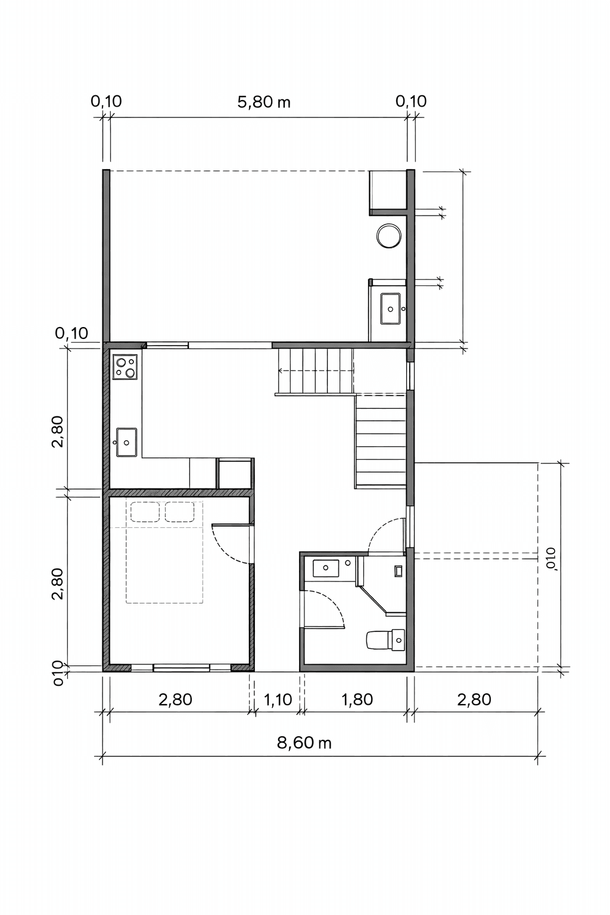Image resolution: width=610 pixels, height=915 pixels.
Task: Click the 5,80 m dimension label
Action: tap(263, 102)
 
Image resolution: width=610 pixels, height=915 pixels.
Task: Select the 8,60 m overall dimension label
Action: tap(304, 742)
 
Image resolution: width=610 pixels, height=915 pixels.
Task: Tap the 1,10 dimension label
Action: tap(278, 699)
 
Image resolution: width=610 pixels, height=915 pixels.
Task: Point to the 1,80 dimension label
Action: tap(357, 699)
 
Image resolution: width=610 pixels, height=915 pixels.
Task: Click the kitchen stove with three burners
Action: tap(126, 367)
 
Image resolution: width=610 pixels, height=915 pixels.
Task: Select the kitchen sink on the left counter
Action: tap(126, 442)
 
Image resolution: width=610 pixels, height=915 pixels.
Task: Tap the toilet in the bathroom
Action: tap(385, 640)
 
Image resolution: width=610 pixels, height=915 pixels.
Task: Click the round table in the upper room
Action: tap(388, 236)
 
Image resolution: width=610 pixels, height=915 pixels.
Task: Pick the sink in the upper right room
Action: tap(391, 309)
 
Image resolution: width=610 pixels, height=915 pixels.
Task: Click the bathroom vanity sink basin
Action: tap(326, 568)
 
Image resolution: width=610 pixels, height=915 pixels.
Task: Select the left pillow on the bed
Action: tap(145, 512)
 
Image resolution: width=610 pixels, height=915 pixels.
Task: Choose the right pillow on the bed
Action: tap(179, 512)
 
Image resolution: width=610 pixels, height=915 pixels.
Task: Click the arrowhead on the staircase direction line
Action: tap(281, 371)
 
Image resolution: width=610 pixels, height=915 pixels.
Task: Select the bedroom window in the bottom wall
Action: tap(181, 668)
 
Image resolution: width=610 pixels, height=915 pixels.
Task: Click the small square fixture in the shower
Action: tap(398, 571)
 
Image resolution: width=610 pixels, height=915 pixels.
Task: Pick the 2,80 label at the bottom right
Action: tap(474, 699)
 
